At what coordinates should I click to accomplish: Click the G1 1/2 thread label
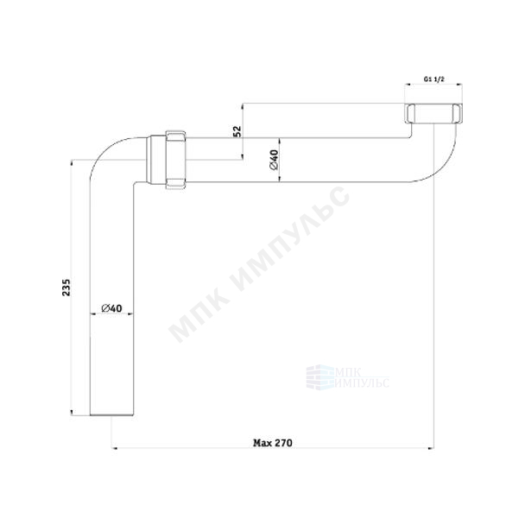pos(434,79)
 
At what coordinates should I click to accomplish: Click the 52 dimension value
pos(237,131)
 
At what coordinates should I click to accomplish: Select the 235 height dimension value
pos(66,287)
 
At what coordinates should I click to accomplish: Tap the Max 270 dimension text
pos(273,443)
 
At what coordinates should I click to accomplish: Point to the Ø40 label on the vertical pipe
pos(112,307)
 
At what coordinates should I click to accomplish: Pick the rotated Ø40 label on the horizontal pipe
pos(274,160)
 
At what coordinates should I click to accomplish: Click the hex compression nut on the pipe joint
pos(176,160)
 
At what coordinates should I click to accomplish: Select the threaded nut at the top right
pos(434,113)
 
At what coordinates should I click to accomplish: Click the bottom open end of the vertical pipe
pos(112,415)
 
